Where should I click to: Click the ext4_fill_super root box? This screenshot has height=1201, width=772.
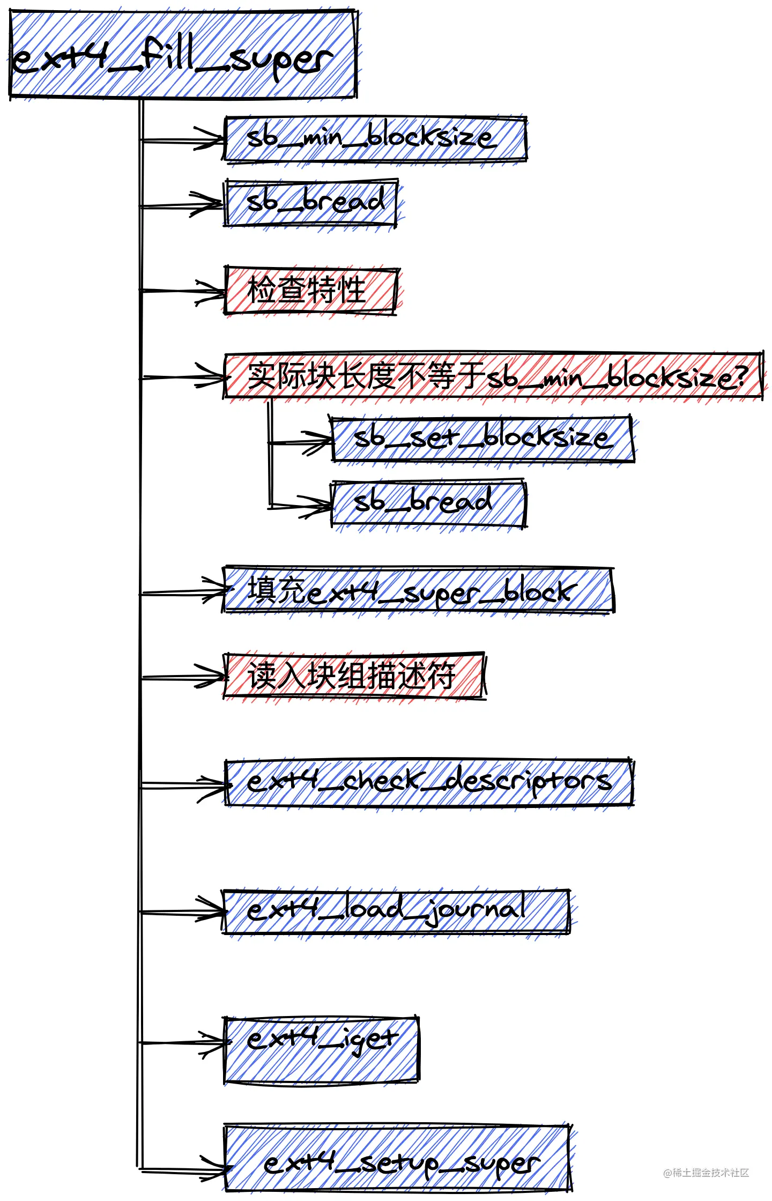point(182,55)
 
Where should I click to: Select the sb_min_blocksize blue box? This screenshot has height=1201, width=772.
point(375,139)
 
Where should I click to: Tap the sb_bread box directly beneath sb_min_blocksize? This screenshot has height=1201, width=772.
point(310,203)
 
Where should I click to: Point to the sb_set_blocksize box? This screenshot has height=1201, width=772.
point(482,439)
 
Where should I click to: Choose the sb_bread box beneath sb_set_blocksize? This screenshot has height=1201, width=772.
point(428,503)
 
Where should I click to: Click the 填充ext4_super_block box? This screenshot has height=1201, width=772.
point(418,590)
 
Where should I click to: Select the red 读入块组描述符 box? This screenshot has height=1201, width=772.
point(354,676)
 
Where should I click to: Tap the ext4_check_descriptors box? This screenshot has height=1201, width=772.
point(429,782)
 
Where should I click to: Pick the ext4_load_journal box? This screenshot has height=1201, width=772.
point(396,911)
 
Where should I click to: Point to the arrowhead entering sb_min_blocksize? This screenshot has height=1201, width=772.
point(217,141)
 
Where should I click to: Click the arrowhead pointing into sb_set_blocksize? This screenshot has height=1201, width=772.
point(324,442)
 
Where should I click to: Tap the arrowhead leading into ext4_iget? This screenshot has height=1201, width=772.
point(219,1043)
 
